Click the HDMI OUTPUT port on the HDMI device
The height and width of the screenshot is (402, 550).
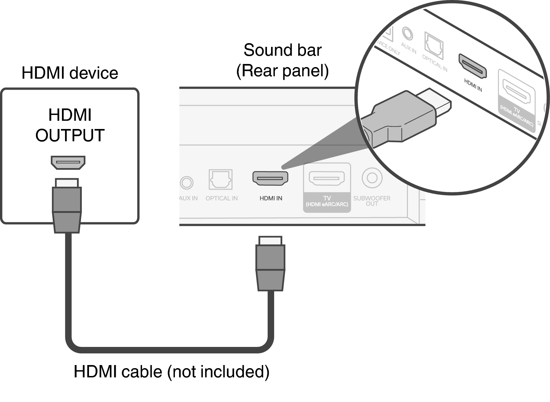[x=68, y=163]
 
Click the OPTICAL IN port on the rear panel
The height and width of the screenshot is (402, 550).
[x=220, y=179]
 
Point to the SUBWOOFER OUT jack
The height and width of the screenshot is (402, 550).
[x=372, y=178]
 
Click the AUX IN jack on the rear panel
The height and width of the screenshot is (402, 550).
[x=187, y=182]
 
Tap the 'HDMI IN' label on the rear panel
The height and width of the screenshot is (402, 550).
[x=271, y=198]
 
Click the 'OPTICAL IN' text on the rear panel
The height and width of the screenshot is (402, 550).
[x=221, y=198]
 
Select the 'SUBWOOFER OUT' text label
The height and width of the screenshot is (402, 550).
[x=372, y=201]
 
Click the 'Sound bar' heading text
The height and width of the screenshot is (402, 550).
[x=282, y=50]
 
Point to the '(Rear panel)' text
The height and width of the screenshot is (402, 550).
[x=282, y=71]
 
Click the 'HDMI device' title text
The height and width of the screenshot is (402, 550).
[x=70, y=73]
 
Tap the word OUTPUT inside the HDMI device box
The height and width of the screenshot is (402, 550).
[x=70, y=135]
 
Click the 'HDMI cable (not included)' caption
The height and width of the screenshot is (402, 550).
[x=171, y=372]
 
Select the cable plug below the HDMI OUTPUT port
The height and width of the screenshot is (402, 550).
[x=67, y=205]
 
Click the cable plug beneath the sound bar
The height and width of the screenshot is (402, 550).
[x=270, y=263]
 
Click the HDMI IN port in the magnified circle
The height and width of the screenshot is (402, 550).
[x=472, y=66]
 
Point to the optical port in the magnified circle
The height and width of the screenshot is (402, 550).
[x=434, y=45]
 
